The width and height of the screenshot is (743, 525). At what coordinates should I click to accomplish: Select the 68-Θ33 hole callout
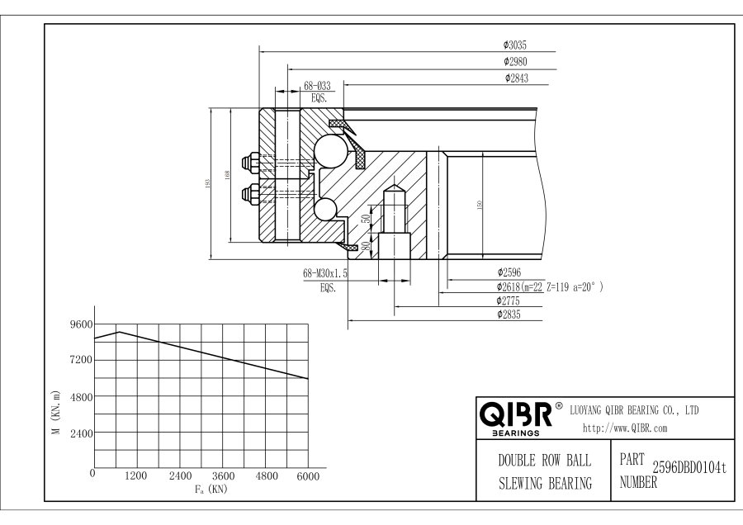tap(318, 86)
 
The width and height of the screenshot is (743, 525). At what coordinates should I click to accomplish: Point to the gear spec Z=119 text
tap(565, 286)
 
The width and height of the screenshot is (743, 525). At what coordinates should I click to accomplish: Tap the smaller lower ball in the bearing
tap(327, 210)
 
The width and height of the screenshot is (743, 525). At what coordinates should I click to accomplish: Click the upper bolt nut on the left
tap(249, 161)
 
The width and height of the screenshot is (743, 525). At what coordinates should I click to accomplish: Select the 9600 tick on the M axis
tap(82, 324)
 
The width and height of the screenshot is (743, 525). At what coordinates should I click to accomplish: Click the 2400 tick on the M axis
tap(82, 432)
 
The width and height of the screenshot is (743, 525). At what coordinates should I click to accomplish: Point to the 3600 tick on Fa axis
tap(223, 476)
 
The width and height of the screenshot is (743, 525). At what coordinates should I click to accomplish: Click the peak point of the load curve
tap(118, 332)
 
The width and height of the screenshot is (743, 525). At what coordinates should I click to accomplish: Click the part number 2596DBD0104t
tap(689, 469)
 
